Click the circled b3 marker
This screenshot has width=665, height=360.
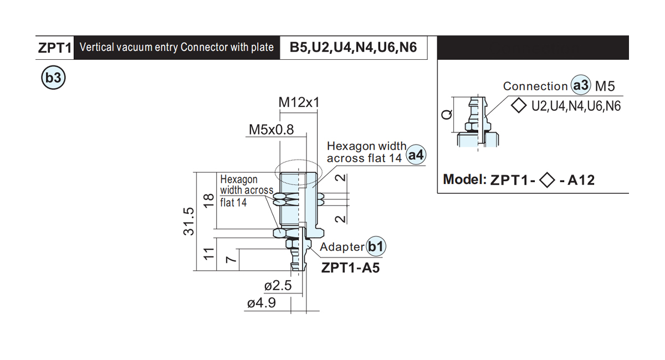click(x=53, y=78)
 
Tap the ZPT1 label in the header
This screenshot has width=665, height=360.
click(x=55, y=48)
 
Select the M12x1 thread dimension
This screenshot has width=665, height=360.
click(x=299, y=102)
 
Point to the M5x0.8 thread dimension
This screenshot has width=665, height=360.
click(x=271, y=130)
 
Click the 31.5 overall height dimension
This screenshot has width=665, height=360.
click(x=189, y=222)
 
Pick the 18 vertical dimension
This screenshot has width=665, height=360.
click(x=209, y=200)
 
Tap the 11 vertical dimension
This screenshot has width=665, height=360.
click(x=209, y=254)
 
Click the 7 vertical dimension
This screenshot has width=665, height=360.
click(x=231, y=259)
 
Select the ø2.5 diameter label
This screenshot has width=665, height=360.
click(x=278, y=285)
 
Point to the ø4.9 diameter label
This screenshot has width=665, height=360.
click(x=261, y=303)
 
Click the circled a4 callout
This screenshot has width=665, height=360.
click(x=416, y=155)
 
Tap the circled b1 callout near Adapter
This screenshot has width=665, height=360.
click(x=376, y=246)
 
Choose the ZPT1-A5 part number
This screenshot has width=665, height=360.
click(x=350, y=268)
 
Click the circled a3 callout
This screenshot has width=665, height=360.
click(x=581, y=85)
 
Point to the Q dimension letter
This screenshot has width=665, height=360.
click(x=447, y=114)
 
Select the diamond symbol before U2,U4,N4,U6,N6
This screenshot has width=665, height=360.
click(x=519, y=105)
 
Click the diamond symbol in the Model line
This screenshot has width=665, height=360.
click(x=547, y=180)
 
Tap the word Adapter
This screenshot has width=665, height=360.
click(x=342, y=247)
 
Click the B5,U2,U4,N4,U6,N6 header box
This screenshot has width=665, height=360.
click(x=354, y=48)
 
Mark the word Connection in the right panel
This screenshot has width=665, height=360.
click(x=535, y=86)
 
